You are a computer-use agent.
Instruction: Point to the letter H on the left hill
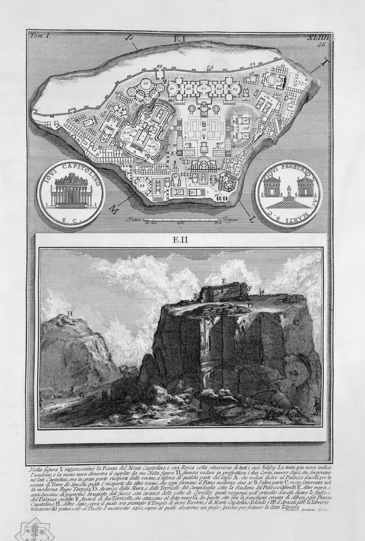click(70, 314)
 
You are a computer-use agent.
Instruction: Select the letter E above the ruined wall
click(223, 282)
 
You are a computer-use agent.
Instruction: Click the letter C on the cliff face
click(296, 322)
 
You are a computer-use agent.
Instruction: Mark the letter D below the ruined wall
click(250, 306)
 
